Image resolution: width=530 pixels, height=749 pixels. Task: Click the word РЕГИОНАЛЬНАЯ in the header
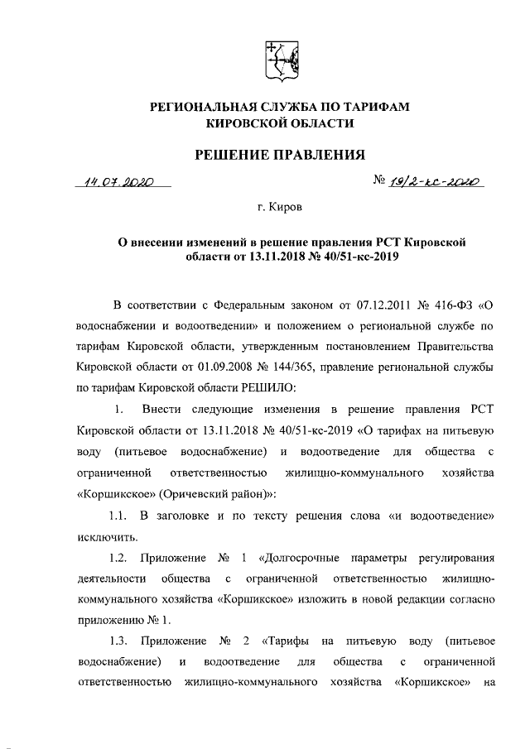[x=196, y=107]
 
